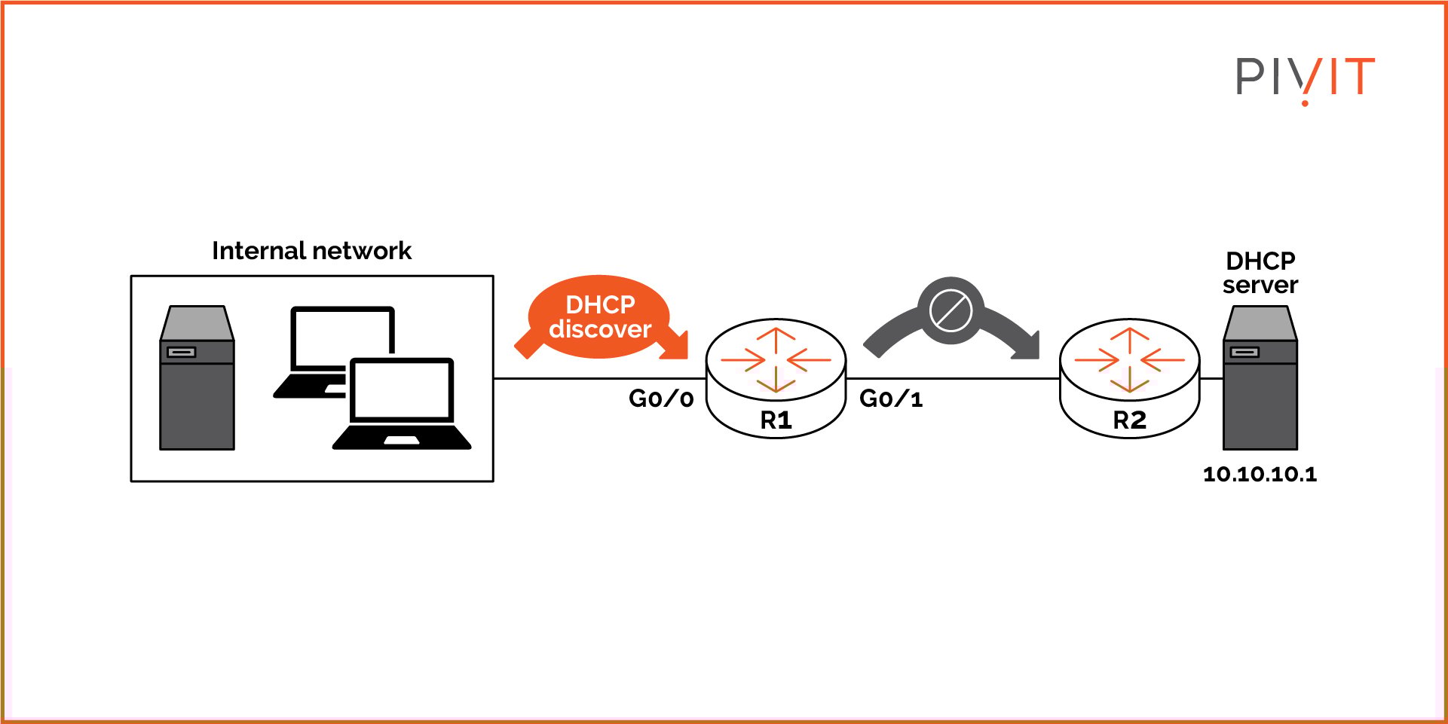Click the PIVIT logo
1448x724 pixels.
point(1305,78)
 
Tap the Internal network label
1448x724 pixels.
point(311,251)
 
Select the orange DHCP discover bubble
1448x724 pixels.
point(599,316)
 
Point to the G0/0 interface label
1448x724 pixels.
point(661,399)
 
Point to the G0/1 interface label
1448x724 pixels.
point(891,399)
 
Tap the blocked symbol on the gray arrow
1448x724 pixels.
point(951,310)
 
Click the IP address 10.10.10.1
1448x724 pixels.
point(1260,474)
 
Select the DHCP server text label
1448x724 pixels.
point(1260,273)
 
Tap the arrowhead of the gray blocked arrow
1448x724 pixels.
point(1029,347)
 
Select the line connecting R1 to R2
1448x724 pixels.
point(954,378)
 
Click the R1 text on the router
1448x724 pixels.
point(776,420)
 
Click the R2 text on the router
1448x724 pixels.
point(1129,420)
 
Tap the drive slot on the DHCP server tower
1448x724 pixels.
point(1244,352)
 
